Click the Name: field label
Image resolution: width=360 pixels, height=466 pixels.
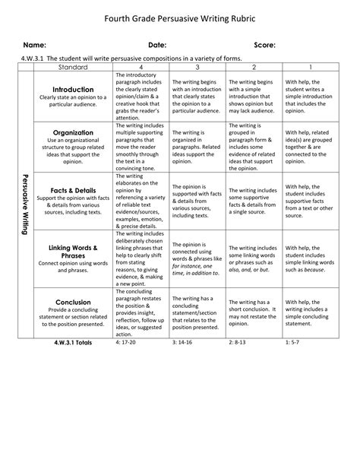[x=34, y=46]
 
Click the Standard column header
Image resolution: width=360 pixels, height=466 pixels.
[x=72, y=68]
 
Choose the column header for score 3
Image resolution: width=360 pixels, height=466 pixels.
[x=197, y=68]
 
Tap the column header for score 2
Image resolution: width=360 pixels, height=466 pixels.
[x=254, y=68]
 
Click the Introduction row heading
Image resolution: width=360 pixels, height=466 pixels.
[x=73, y=89]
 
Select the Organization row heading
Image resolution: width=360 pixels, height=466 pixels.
[x=73, y=132]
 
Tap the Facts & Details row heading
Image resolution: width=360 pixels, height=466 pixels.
[x=73, y=191]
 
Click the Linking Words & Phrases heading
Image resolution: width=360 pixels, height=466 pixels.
[x=73, y=252]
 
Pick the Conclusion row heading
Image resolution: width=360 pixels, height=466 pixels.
[x=73, y=302]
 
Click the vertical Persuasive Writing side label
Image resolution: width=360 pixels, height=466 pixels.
[x=25, y=201]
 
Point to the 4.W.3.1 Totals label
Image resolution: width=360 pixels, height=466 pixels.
[x=73, y=343]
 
